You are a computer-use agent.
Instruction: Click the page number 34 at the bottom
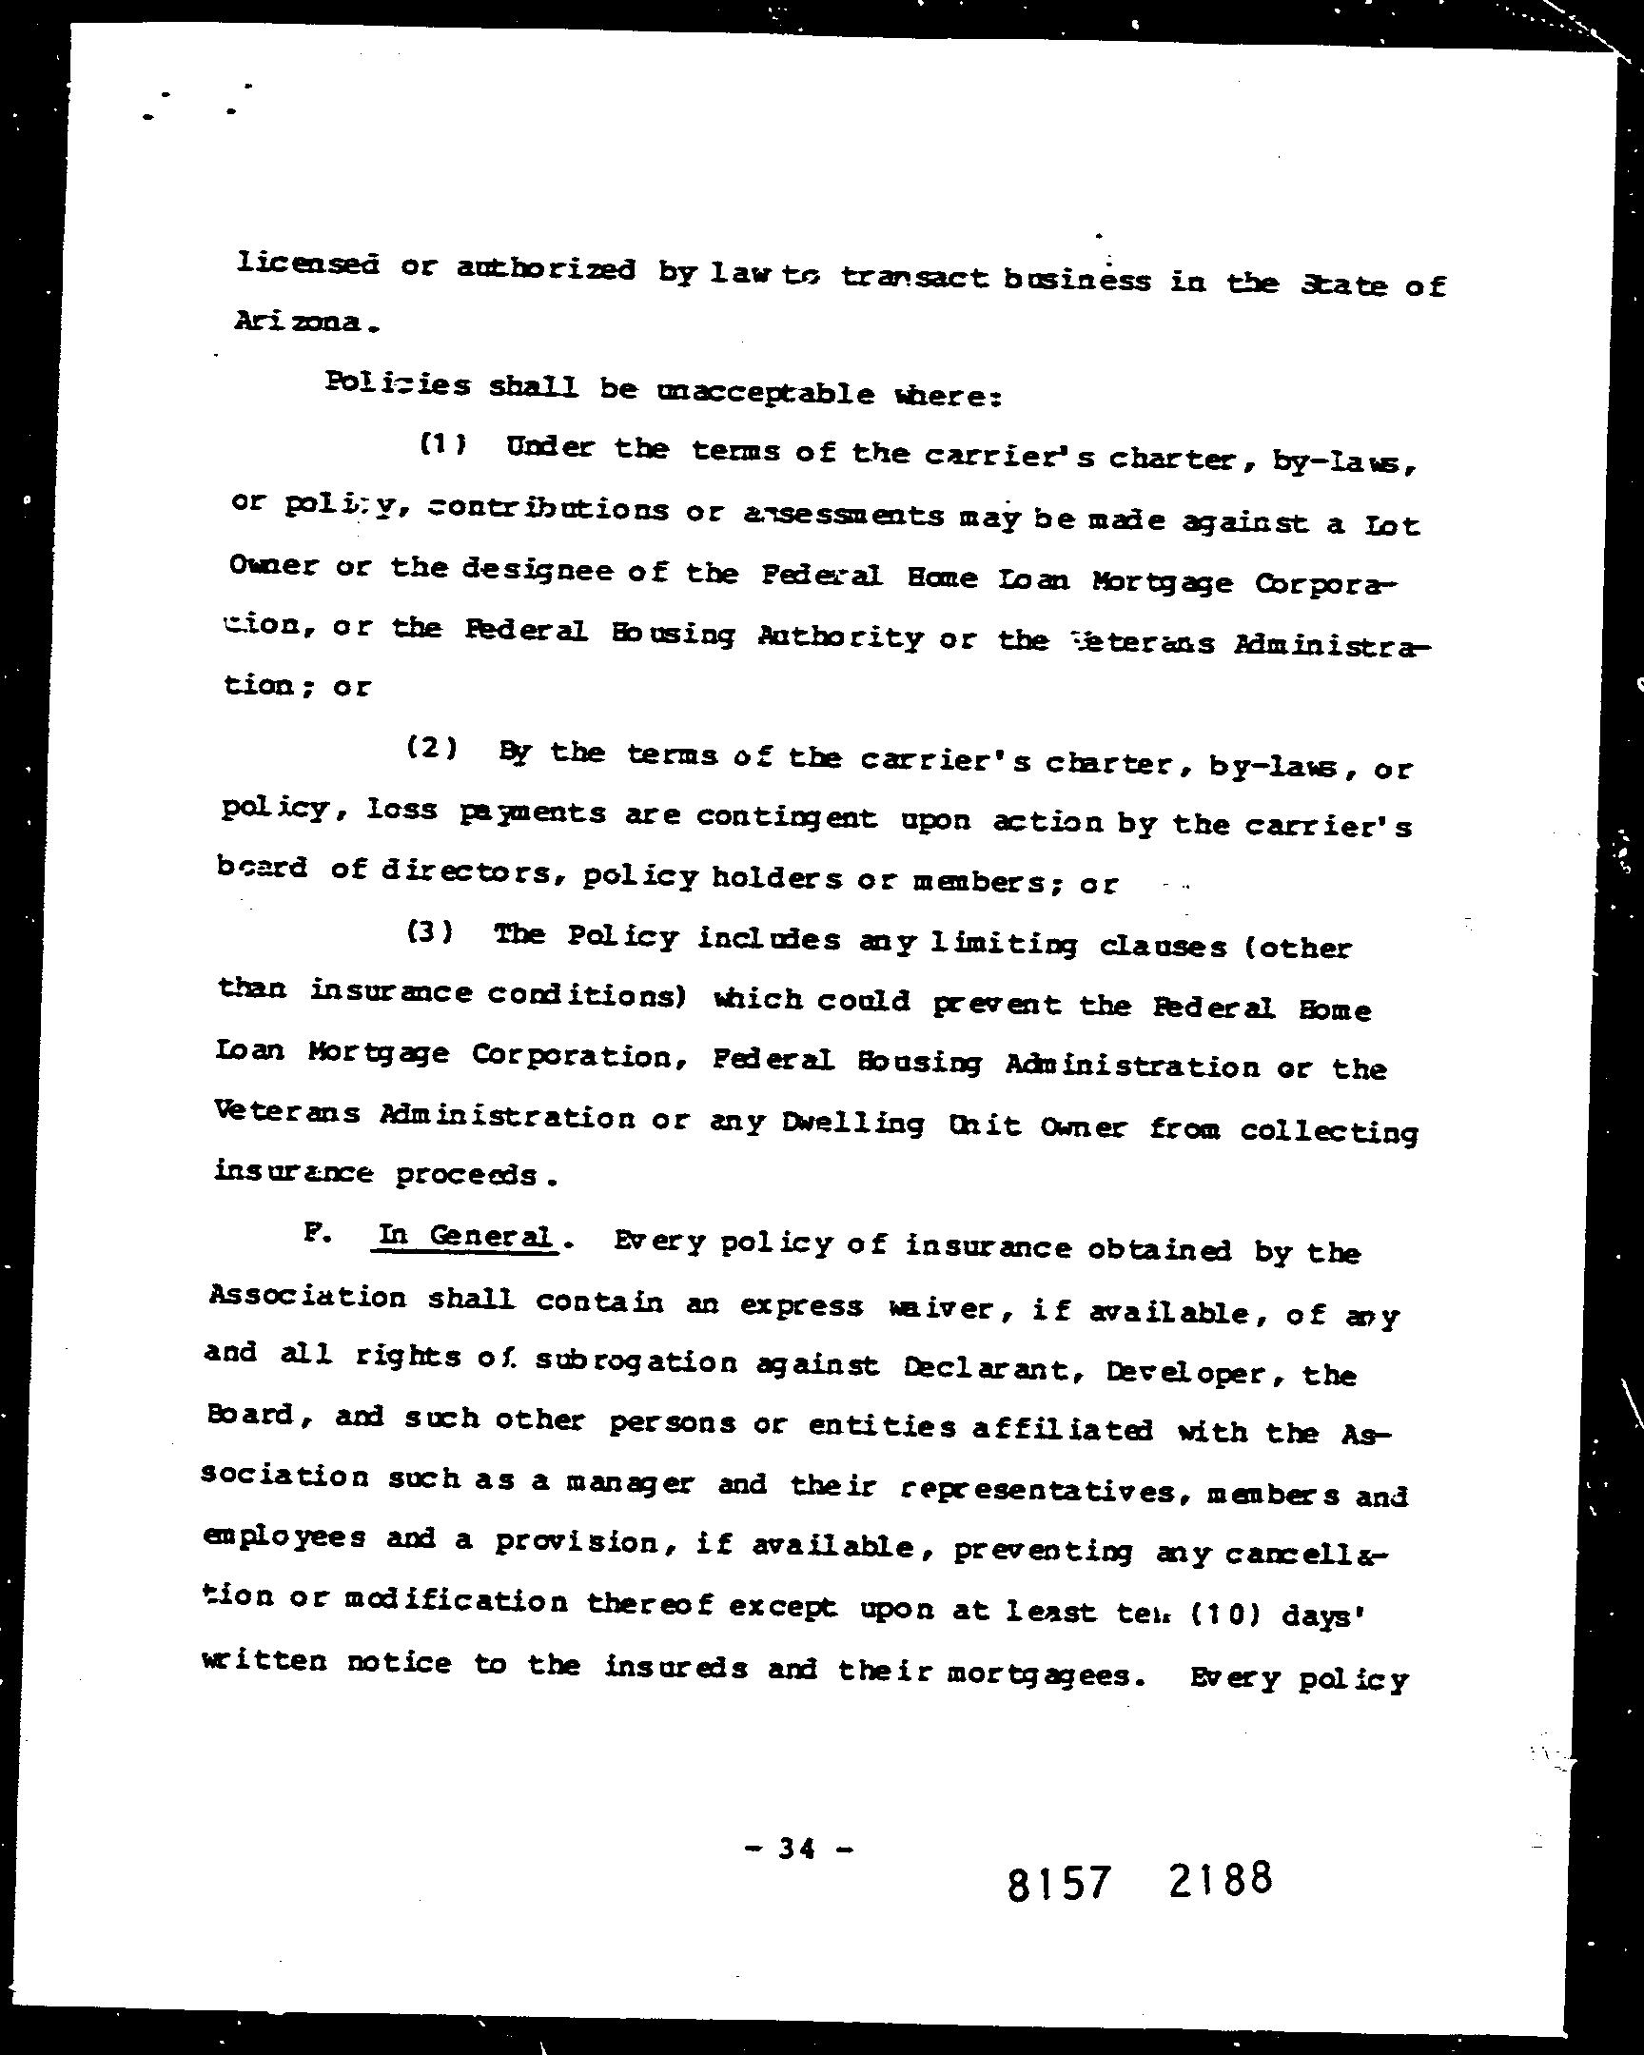[795, 1849]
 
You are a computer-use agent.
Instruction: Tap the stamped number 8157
[1059, 1884]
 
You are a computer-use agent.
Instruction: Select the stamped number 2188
[1219, 1879]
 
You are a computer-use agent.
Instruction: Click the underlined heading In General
[464, 1237]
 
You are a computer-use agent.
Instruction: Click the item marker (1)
[442, 445]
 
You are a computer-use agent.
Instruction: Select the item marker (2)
[432, 748]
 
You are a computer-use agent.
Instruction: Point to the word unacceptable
[765, 393]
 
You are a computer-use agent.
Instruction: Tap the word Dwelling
[851, 1124]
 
